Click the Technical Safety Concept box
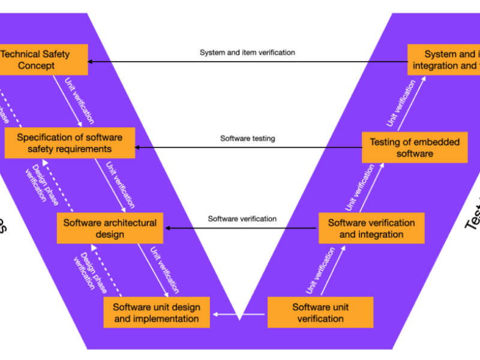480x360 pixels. [43, 59]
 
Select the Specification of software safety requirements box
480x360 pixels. [69, 143]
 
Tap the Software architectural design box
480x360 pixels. [110, 228]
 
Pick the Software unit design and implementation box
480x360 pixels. [157, 313]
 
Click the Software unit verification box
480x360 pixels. [320, 313]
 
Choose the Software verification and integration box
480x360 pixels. [371, 228]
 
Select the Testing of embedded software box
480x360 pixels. [415, 148]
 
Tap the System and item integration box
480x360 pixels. [444, 59]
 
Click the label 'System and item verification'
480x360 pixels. [247, 53]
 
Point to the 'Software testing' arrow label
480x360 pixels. [247, 139]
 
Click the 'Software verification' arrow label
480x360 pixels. [242, 219]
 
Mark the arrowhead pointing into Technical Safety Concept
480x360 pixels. [92, 61]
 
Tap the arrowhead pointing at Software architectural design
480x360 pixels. [169, 228]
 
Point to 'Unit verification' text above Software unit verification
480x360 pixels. [321, 271]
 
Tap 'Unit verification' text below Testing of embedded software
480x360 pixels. [360, 187]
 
